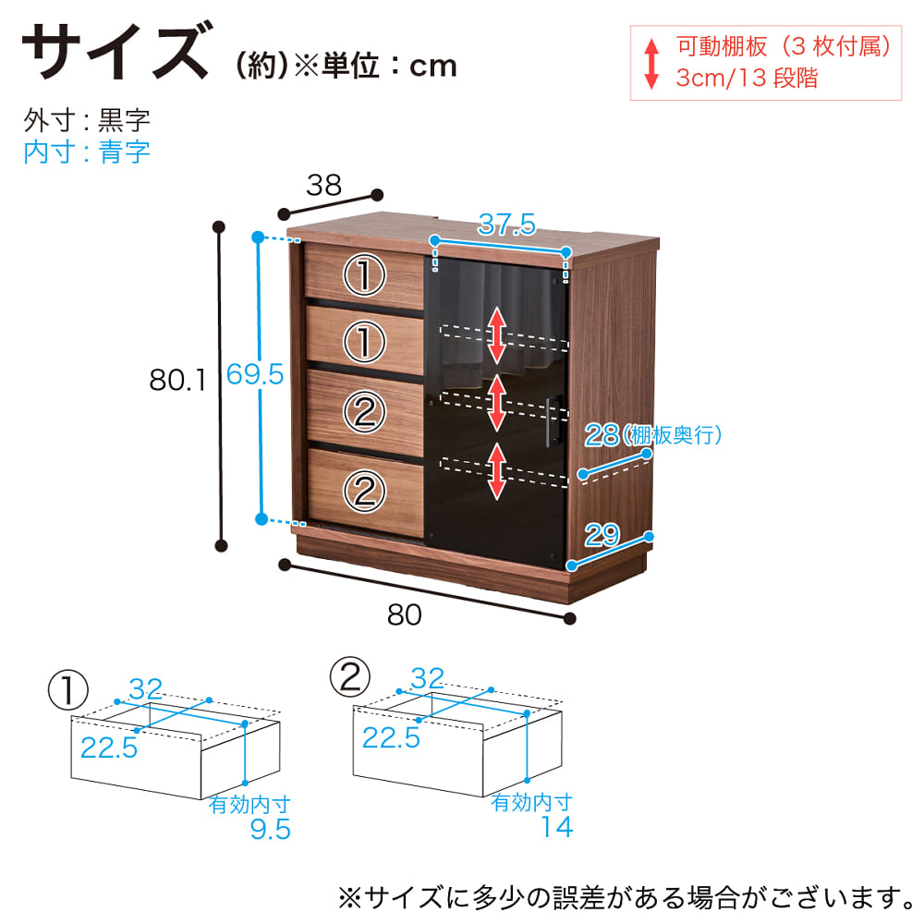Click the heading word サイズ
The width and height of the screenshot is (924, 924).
tap(115, 54)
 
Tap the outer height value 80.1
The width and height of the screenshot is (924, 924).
tap(178, 378)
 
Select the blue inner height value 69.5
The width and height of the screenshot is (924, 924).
tap(254, 374)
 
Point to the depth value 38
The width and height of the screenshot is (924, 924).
tap(324, 187)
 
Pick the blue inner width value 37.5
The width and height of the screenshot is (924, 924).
tap(505, 224)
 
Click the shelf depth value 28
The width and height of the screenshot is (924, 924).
tap(602, 435)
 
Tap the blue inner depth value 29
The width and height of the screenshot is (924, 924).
tap(602, 533)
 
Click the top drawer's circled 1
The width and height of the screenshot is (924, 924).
tap(365, 274)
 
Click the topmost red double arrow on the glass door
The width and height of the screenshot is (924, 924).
tap(497, 334)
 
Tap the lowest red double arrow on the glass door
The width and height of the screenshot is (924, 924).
tap(497, 471)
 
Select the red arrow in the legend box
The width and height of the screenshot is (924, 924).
tap(651, 62)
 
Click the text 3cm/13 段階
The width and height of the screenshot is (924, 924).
tap(747, 78)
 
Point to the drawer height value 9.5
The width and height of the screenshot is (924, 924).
tap(271, 830)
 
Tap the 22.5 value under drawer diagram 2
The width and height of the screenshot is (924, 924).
tap(391, 737)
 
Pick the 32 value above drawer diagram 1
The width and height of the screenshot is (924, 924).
tap(146, 688)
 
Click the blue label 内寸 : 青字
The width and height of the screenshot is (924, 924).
tap(87, 152)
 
